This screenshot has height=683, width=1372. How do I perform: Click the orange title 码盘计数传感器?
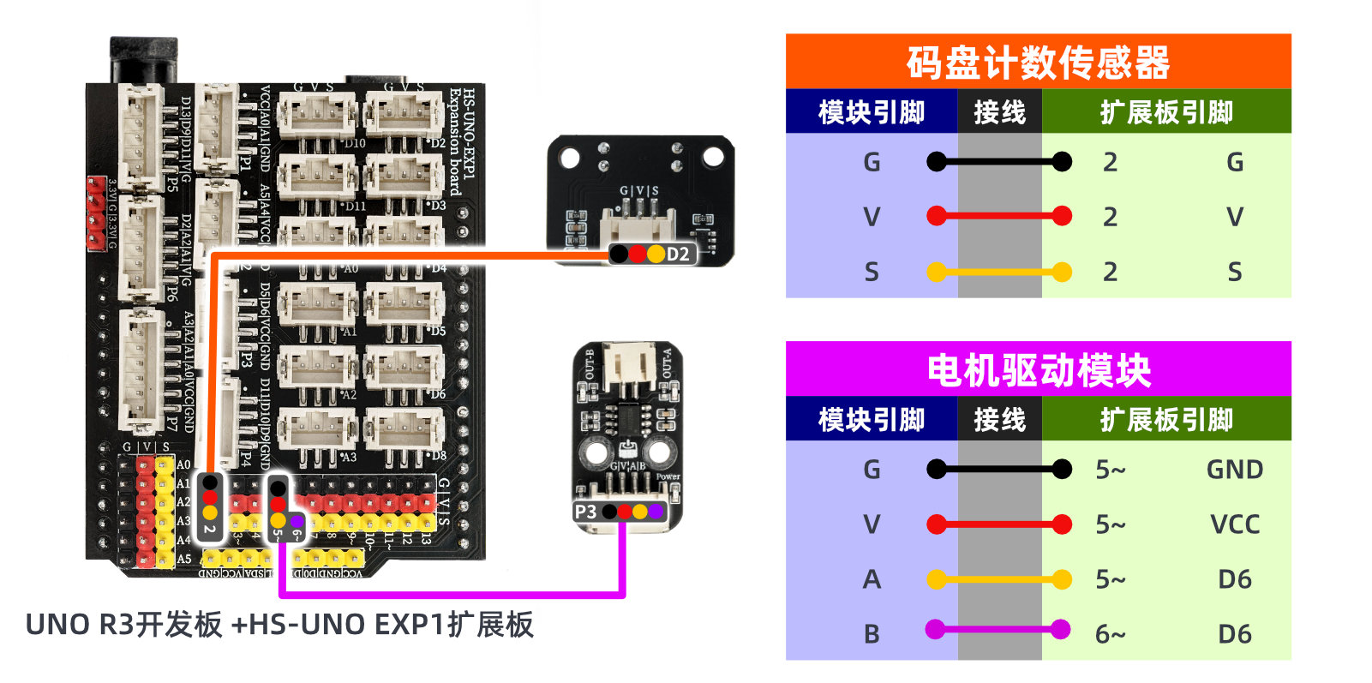(1038, 63)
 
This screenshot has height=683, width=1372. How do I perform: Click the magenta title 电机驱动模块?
(1038, 370)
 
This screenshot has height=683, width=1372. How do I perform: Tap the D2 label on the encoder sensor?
(678, 255)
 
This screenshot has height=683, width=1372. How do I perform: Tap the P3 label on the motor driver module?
(585, 512)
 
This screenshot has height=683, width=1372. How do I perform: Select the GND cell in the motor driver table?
(1234, 470)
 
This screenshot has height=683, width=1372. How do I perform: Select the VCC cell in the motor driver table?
(1234, 524)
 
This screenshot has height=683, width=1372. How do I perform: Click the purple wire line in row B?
(998, 630)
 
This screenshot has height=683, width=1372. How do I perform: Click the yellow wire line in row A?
(998, 579)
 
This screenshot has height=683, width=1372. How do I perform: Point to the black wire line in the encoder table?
(998, 161)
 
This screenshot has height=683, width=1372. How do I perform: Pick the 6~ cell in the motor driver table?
(1111, 634)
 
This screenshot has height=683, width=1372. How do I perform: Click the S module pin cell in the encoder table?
(872, 273)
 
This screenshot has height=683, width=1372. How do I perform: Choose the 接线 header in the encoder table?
(999, 112)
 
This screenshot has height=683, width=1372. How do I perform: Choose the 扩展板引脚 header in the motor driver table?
(1166, 420)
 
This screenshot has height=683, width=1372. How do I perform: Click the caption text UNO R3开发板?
(124, 625)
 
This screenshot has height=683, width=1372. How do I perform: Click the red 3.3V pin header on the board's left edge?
(95, 213)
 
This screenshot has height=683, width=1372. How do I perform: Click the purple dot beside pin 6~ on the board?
(296, 519)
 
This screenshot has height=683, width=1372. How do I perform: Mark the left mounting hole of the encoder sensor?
(569, 158)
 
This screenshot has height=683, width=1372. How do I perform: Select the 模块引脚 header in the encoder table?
(872, 112)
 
